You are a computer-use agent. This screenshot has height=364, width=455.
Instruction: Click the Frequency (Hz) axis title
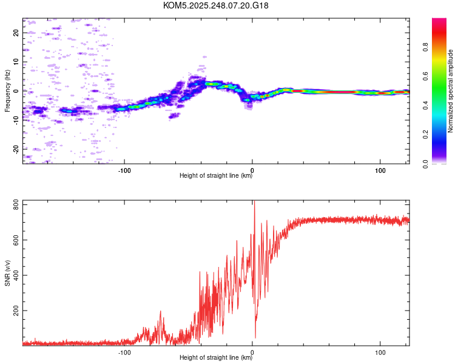pyautogui.click(x=7, y=91)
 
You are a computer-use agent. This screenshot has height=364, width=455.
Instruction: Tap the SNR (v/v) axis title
pyautogui.click(x=7, y=272)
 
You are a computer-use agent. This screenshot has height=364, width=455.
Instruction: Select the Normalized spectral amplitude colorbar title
pyautogui.click(x=451, y=91)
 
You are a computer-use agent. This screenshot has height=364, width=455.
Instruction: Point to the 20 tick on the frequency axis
pyautogui.click(x=16, y=33)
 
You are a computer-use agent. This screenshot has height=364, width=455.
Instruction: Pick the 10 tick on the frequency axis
pyautogui.click(x=16, y=62)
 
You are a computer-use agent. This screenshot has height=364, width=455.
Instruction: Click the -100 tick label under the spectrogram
pyautogui.click(x=125, y=170)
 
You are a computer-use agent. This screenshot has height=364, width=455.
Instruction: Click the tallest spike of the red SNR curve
pyautogui.click(x=254, y=203)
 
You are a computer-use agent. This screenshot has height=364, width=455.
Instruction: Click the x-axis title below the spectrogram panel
pyautogui.click(x=216, y=176)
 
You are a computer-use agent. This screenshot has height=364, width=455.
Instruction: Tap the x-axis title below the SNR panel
pyautogui.click(x=216, y=358)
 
